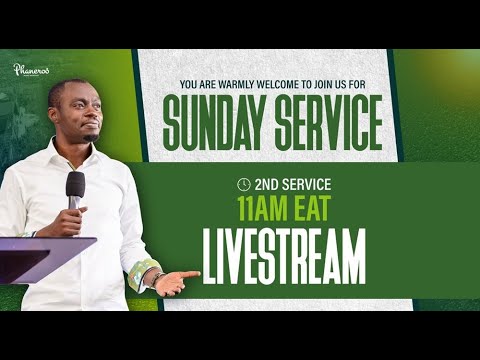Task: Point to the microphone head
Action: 76,186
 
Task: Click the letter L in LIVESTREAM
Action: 211,256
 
